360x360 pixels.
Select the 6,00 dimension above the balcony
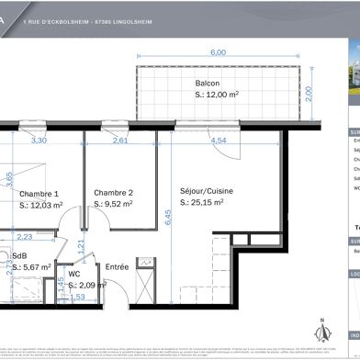pyautogui.click(x=218, y=53)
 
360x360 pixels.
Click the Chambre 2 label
pyautogui.click(x=114, y=193)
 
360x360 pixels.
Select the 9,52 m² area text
pyautogui.click(x=117, y=205)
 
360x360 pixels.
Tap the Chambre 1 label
pyautogui.click(x=39, y=194)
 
